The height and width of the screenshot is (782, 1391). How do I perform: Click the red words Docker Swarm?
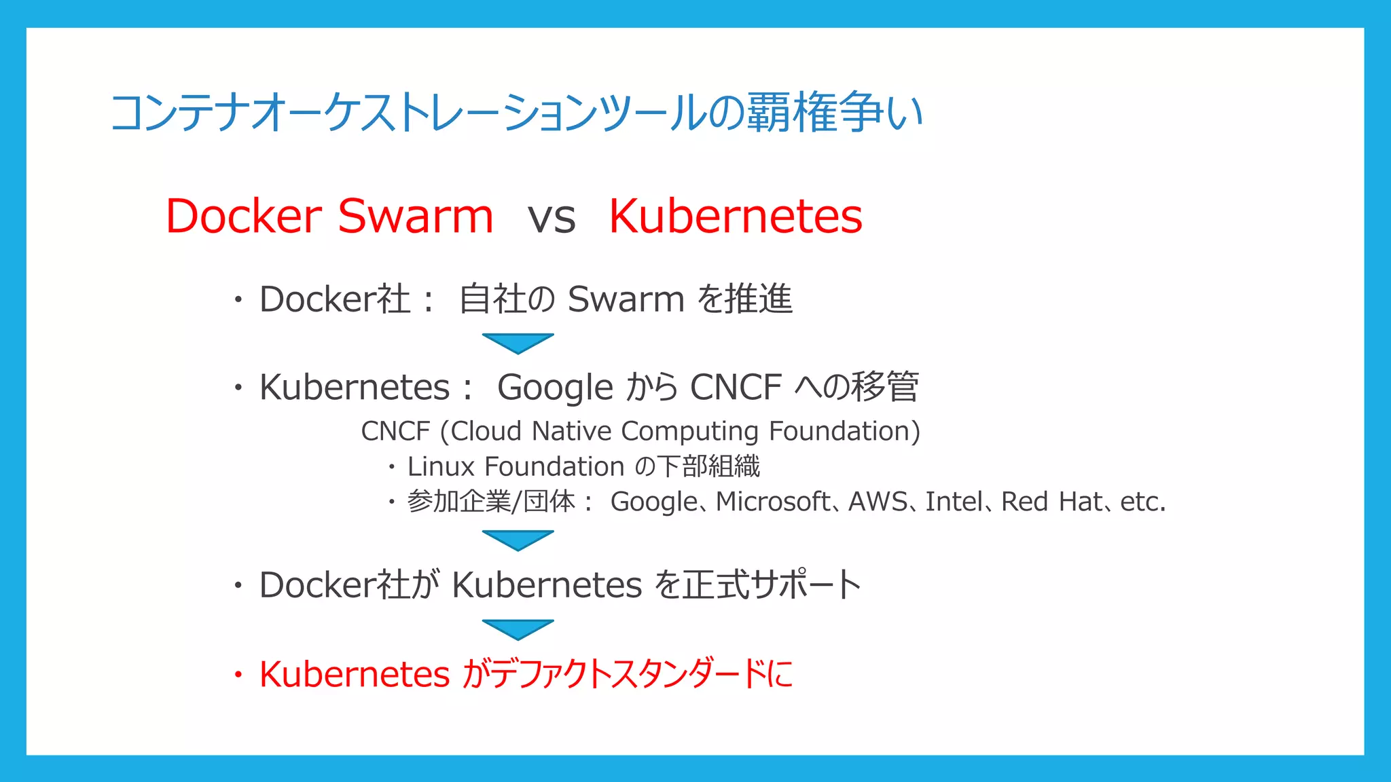click(x=329, y=217)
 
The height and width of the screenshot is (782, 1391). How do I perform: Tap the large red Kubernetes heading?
click(x=735, y=217)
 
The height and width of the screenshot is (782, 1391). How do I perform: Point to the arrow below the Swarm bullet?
click(x=518, y=343)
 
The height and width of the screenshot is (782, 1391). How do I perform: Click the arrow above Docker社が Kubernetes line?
click(x=518, y=540)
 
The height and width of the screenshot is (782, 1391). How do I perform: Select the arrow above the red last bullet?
click(x=518, y=629)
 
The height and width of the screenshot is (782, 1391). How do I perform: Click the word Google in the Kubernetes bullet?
click(x=555, y=388)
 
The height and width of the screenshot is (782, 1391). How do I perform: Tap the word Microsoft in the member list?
click(x=772, y=502)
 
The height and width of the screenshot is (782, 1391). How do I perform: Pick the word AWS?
click(x=878, y=502)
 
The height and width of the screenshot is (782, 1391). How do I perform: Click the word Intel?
click(x=953, y=502)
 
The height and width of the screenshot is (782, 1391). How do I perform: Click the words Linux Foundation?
click(x=516, y=467)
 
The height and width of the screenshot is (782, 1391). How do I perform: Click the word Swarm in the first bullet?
click(x=626, y=299)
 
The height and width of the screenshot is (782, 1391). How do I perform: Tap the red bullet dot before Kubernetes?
click(x=238, y=675)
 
